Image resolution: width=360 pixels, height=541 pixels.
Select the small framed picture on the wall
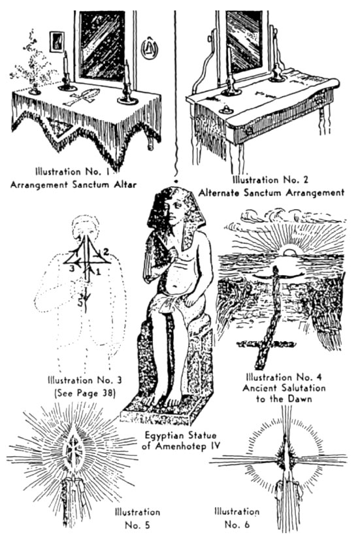[x=57, y=42]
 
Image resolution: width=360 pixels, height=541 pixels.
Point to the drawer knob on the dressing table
[x=249, y=131]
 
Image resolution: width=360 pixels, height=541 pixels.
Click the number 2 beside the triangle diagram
[x=106, y=252]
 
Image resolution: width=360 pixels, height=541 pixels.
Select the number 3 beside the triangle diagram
[x=72, y=269]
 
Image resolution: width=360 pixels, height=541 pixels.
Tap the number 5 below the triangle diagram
[x=80, y=303]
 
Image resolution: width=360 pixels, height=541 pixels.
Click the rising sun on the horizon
[x=289, y=250]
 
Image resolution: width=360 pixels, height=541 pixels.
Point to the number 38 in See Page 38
[x=106, y=393]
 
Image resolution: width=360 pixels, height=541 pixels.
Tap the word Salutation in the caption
[x=303, y=388]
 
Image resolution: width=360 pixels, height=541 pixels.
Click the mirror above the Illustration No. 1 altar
[x=102, y=45]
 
